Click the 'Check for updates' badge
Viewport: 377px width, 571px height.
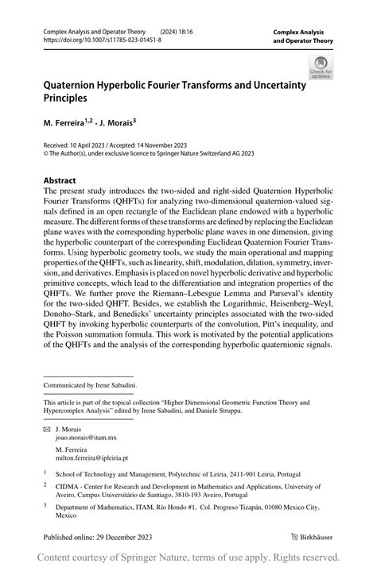(321, 67)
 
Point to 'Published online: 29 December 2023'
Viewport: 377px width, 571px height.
(98, 536)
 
